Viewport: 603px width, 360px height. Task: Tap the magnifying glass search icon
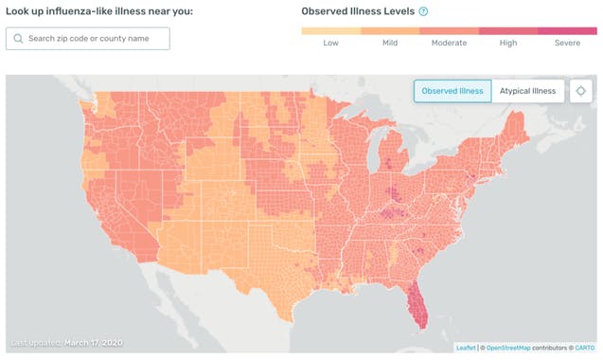coord(18,39)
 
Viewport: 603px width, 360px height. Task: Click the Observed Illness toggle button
coord(452,91)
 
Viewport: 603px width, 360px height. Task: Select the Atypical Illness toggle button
coord(528,91)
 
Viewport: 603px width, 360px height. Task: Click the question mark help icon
coord(423,11)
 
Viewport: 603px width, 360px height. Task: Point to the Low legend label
coord(330,44)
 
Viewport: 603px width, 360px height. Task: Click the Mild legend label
coord(389,44)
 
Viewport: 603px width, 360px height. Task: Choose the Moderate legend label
coord(449,44)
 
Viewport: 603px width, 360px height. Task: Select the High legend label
coord(508,44)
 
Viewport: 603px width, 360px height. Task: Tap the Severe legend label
coord(567,44)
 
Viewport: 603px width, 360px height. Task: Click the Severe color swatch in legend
coord(567,31)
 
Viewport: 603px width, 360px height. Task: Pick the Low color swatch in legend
coord(330,31)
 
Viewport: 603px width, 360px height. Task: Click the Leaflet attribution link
coord(466,348)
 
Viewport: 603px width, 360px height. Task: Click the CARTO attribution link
coord(583,348)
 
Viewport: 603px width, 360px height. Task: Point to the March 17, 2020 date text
coord(93,342)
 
